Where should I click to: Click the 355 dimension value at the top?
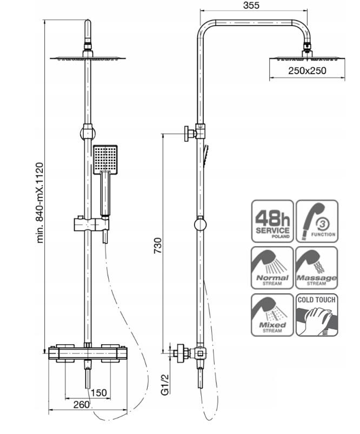pyautogui.click(x=251, y=5)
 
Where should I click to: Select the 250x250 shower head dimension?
pyautogui.click(x=307, y=70)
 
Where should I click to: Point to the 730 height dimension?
pyautogui.click(x=158, y=246)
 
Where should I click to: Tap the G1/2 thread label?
pyautogui.click(x=165, y=384)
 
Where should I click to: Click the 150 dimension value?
pyautogui.click(x=98, y=393)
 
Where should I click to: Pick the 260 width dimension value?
pyautogui.click(x=81, y=405)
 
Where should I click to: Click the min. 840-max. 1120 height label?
pyautogui.click(x=40, y=203)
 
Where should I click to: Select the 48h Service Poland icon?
pyautogui.click(x=272, y=221)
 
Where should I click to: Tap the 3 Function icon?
pyautogui.click(x=317, y=221)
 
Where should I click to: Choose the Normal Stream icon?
pyautogui.click(x=272, y=268)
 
